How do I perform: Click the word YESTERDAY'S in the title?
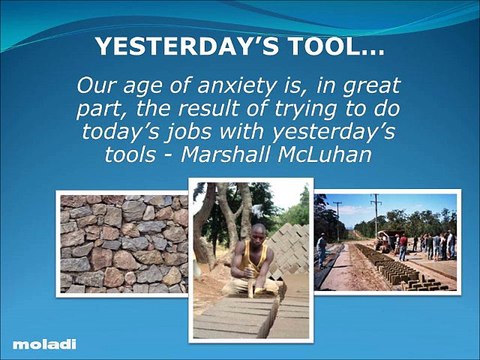point(171,47)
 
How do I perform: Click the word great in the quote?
point(370,85)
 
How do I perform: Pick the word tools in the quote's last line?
point(127,156)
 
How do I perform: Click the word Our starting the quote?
point(95,85)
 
